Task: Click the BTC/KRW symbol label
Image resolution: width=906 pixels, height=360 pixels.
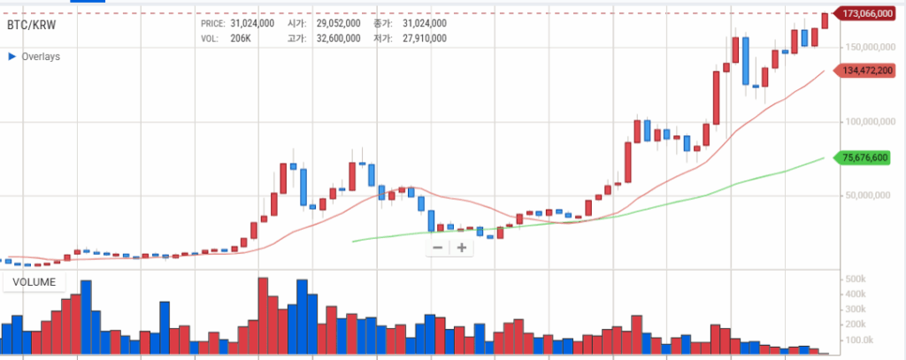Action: tap(31, 26)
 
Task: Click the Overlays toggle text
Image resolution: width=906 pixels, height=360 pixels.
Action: tap(41, 56)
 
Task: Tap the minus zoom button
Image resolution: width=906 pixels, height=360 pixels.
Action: tap(437, 248)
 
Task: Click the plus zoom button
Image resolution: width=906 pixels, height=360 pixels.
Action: tap(460, 248)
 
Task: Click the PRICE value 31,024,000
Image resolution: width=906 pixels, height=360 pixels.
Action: tap(252, 23)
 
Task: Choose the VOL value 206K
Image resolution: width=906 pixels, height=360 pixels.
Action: tap(242, 38)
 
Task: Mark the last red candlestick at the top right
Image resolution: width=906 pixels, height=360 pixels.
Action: tap(825, 19)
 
